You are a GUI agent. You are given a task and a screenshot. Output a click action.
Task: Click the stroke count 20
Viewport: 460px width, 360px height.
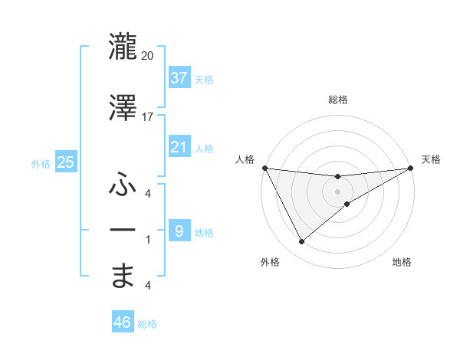click(148, 55)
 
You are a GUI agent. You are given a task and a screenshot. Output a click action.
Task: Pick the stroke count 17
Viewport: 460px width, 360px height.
click(148, 116)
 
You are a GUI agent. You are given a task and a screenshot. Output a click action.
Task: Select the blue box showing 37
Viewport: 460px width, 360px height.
click(179, 78)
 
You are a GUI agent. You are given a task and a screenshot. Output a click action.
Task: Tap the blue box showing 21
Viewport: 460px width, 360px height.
click(179, 147)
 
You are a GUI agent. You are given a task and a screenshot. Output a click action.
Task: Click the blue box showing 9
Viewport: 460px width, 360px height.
click(179, 231)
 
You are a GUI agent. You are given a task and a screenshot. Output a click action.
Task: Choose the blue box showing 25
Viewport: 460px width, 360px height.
click(65, 162)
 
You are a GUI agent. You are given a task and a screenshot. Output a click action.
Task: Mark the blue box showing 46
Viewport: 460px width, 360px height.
click(123, 322)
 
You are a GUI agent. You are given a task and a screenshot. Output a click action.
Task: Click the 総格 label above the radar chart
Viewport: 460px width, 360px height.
click(337, 100)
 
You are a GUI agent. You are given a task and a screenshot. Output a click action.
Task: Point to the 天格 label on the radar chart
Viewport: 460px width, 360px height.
click(431, 159)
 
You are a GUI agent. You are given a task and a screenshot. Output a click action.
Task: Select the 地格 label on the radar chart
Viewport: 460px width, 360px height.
click(402, 262)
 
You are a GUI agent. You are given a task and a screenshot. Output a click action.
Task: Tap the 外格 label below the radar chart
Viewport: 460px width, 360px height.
click(269, 262)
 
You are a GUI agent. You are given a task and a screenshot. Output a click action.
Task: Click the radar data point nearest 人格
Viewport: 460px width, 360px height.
click(264, 168)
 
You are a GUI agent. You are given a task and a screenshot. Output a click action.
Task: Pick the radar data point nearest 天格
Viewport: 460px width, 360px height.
click(410, 168)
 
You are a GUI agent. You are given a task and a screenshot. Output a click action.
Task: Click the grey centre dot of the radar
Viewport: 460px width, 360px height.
click(337, 191)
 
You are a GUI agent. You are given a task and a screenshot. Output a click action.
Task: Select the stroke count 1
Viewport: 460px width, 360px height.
click(148, 239)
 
